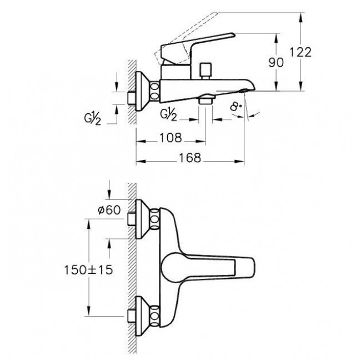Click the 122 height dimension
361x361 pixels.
coord(300,52)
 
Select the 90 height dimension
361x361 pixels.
coord(276,62)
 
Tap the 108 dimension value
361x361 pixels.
coord(171,138)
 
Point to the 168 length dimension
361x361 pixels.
coord(190,158)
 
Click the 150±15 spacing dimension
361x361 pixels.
coord(89,270)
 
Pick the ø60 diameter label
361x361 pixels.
coord(109,210)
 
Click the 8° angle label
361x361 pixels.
coord(235,107)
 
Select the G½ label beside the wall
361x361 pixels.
coord(92,118)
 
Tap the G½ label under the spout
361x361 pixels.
coord(168,114)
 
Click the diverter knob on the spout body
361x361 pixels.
coord(206,71)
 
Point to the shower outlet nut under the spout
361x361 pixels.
coord(205,101)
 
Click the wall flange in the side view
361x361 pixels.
coord(143,92)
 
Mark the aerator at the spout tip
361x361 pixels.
coord(244,90)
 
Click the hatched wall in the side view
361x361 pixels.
coord(132,92)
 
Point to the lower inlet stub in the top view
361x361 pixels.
coord(132,316)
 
